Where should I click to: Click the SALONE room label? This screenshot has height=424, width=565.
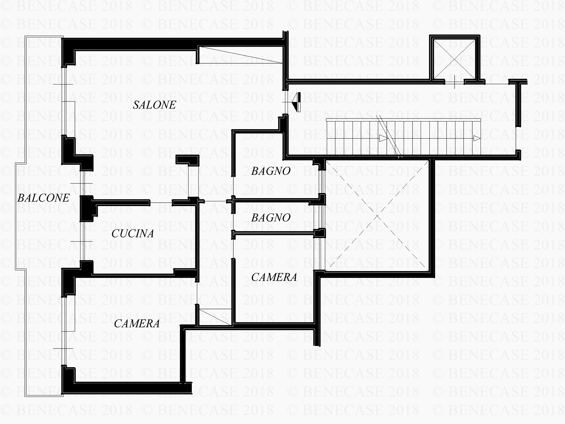(155, 105)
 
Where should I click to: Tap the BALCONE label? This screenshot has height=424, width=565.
(44, 198)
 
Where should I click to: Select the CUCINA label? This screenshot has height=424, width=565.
(133, 233)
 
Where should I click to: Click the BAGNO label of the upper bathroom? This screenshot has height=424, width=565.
(271, 171)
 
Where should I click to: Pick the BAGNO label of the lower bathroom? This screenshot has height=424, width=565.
(271, 218)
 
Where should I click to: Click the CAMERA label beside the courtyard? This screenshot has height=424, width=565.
(274, 277)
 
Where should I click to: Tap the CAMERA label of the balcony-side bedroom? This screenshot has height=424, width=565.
(137, 323)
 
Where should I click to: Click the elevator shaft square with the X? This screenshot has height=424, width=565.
(455, 60)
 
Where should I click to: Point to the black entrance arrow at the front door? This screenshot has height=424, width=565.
(296, 102)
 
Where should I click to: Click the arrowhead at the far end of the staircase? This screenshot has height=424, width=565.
(477, 138)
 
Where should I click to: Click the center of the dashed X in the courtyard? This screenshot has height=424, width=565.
(377, 217)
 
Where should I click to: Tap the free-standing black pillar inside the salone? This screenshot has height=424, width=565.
(187, 159)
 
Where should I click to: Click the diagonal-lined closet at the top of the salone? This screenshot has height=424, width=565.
(240, 55)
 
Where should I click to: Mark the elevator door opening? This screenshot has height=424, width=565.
(454, 82)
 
